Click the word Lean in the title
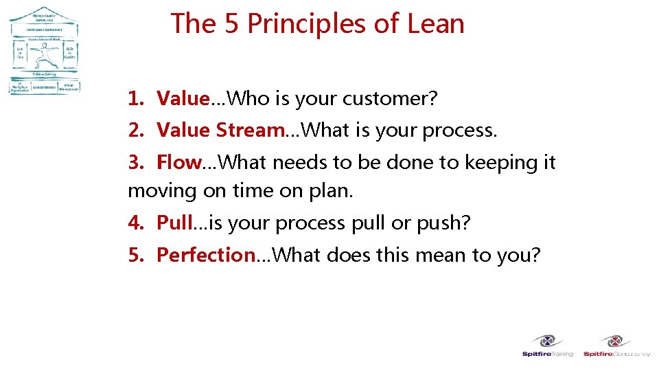coord(435,23)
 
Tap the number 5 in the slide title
coord(231,23)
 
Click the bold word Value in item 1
coord(182,99)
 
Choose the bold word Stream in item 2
coord(250,130)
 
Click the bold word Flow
coord(179,163)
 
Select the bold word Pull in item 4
coord(174,223)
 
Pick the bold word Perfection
coord(206,255)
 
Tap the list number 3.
coord(136,163)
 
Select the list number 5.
coord(136,255)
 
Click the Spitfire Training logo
coord(547,346)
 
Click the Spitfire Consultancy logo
coord(616,346)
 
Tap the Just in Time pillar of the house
coord(21,54)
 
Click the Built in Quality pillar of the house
coord(69,54)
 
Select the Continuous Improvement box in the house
coord(44,30)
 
